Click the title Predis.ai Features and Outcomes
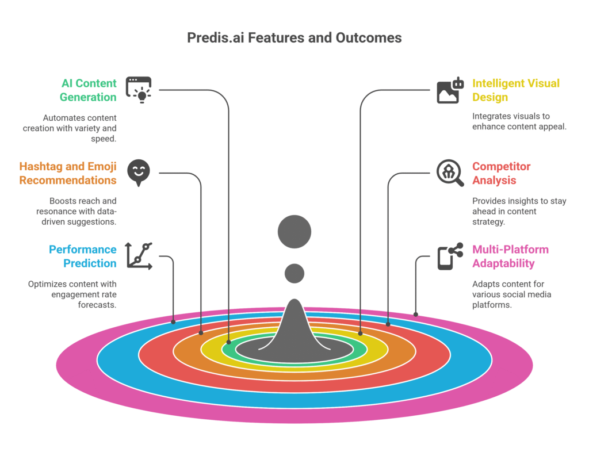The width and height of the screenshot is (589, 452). tap(294, 38)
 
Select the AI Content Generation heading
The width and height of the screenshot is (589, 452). tap(88, 90)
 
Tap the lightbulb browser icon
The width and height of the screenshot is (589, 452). tap(139, 90)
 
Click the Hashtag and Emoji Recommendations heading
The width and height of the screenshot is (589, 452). tap(68, 173)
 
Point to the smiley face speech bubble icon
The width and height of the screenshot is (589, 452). tap(139, 172)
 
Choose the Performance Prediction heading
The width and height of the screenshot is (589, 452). tap(82, 256)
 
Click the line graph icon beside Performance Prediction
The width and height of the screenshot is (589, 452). tap(139, 256)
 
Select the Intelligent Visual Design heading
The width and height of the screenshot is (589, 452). tap(515, 90)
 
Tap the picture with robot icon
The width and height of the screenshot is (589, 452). tap(450, 90)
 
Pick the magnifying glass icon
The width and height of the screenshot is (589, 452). tap(450, 173)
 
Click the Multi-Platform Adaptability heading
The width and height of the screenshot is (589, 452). tap(510, 256)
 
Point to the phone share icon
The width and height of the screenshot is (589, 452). tap(450, 256)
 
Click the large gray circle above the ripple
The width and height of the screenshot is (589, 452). tap(294, 232)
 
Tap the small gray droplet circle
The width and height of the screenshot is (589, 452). tap(294, 273)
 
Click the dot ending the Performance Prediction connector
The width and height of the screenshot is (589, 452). tap(173, 322)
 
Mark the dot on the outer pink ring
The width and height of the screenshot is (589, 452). tap(416, 315)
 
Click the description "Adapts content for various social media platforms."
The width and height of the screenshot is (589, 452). tap(511, 294)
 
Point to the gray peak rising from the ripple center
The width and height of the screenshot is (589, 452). tap(294, 328)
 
